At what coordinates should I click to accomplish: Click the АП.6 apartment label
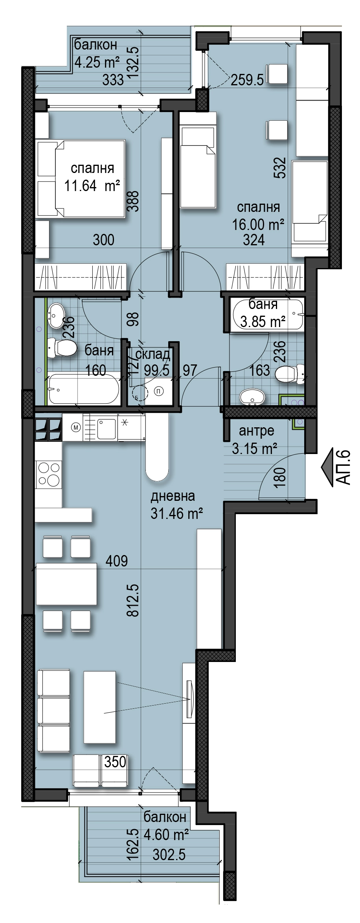click(x=343, y=468)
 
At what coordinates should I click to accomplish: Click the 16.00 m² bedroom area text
click(x=258, y=225)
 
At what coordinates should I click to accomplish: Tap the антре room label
click(x=257, y=431)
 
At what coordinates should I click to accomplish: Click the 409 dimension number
click(x=117, y=561)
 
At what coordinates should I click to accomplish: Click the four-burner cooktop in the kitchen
click(x=48, y=474)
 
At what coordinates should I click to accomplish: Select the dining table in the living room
click(x=66, y=584)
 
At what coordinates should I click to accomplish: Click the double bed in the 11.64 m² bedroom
click(x=80, y=179)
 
